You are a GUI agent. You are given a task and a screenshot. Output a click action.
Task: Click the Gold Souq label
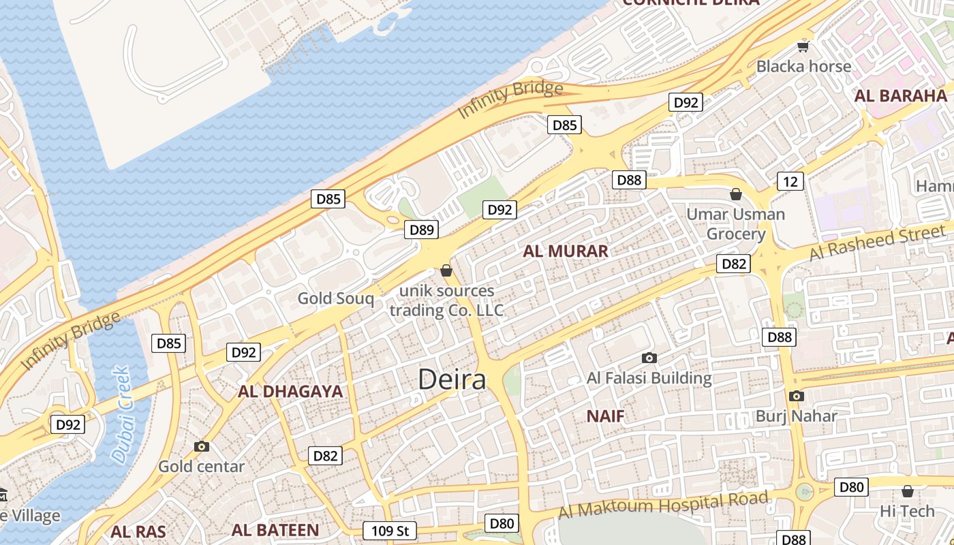click(x=336, y=298)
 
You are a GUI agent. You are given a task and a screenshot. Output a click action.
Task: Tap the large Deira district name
click(x=452, y=380)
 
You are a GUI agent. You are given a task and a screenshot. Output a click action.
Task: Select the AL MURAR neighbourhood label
click(x=566, y=251)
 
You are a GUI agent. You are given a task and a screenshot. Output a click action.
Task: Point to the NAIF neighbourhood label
click(x=605, y=416)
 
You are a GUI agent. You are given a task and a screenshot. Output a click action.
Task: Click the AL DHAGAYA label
click(x=290, y=392)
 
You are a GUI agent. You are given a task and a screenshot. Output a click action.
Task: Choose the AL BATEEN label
click(x=275, y=530)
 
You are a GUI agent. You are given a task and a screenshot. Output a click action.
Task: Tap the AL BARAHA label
click(x=901, y=95)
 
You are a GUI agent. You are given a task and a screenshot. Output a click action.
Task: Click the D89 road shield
click(x=422, y=230)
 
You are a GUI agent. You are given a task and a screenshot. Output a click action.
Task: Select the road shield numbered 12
click(x=790, y=181)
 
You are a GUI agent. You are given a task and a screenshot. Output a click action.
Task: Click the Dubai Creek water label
click(x=121, y=415)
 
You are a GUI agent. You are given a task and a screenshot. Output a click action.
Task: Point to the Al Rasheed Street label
click(x=877, y=243)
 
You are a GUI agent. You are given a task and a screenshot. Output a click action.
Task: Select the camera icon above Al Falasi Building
click(x=649, y=358)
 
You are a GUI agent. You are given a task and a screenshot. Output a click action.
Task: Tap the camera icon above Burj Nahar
click(x=796, y=396)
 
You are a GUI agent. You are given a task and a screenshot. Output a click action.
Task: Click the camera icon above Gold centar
click(x=201, y=446)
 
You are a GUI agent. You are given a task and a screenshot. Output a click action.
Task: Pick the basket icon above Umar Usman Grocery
click(x=736, y=194)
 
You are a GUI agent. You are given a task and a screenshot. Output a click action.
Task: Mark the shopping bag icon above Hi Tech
click(x=907, y=490)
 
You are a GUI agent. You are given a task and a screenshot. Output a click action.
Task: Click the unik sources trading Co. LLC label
click(x=446, y=300)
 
